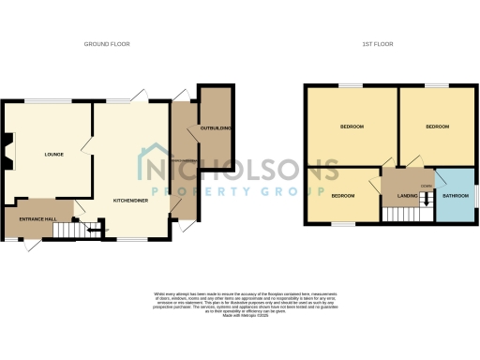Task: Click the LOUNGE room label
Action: coord(52,154)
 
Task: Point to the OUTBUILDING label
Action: coord(216,127)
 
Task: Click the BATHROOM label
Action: coord(456,196)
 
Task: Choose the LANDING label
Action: coord(407,196)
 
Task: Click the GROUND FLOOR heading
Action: coord(107,44)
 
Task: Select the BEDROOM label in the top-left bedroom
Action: coord(352,127)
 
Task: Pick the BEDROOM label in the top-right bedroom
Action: coord(437,127)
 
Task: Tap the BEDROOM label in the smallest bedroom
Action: coord(342,196)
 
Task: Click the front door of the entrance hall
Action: coord(33,244)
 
